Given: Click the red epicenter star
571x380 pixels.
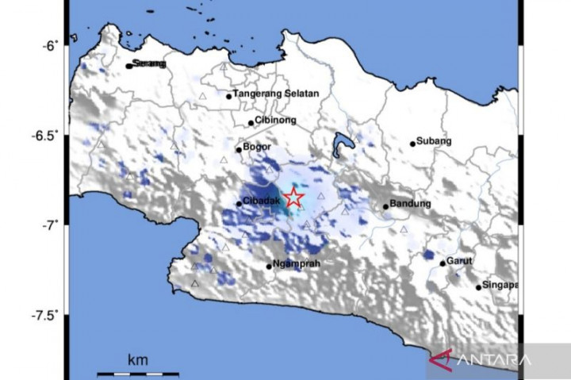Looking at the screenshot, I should [x=293, y=198].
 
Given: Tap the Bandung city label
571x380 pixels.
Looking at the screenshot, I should [x=411, y=204].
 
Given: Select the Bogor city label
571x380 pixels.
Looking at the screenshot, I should [x=258, y=148].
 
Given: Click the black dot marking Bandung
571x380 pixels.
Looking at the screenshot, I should [x=386, y=206].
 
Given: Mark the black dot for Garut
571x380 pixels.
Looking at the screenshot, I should [x=443, y=263].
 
